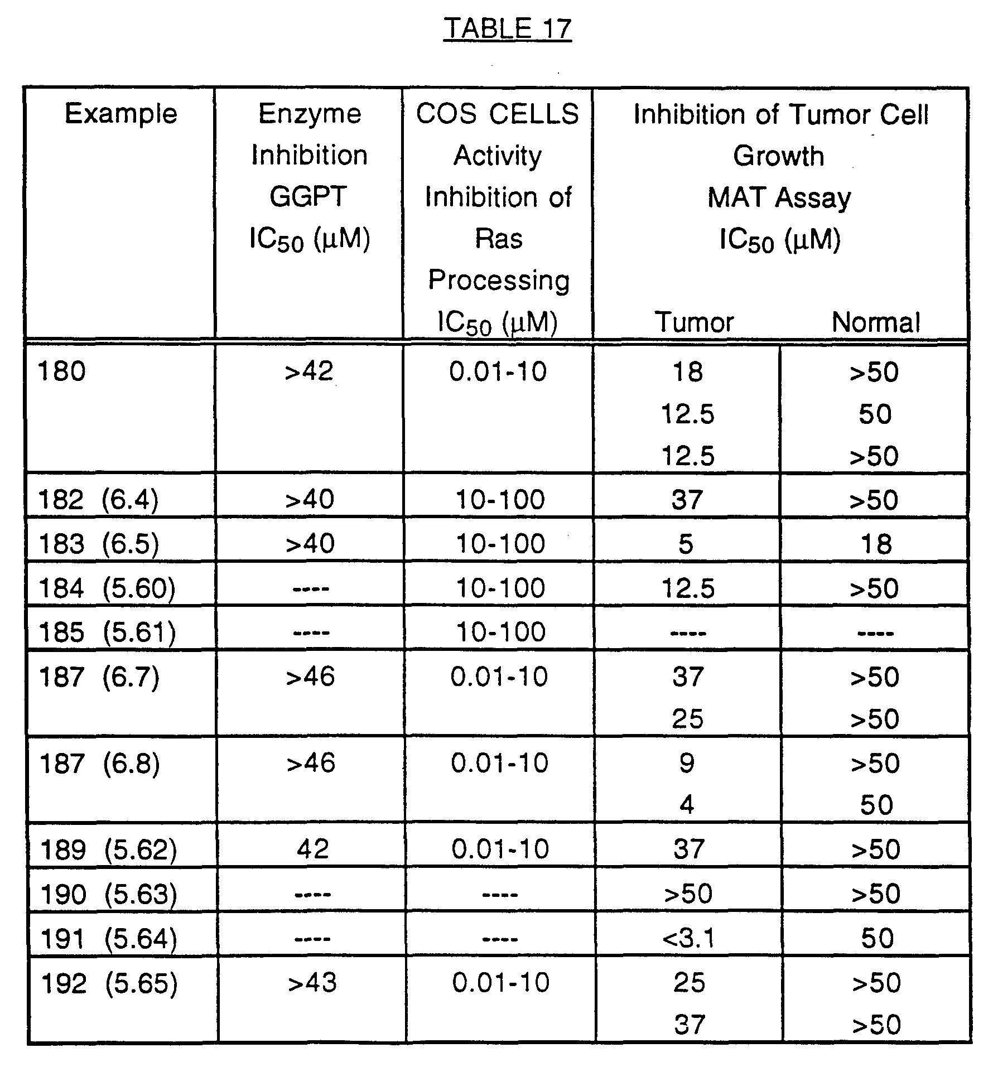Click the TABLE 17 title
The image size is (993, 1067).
tap(507, 28)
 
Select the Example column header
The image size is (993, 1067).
tap(121, 114)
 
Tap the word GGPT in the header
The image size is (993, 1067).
tap(308, 197)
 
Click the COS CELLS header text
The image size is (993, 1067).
tap(498, 114)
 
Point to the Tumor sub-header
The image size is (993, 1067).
tap(695, 322)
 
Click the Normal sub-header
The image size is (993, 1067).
tap(876, 322)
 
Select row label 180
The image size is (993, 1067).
tap(61, 371)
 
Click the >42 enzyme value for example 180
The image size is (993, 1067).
tap(309, 371)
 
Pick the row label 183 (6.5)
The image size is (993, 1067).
tap(99, 544)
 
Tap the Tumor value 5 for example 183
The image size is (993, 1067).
tap(686, 544)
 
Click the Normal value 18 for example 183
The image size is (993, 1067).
tap(876, 544)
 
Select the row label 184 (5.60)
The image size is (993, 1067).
tap(107, 588)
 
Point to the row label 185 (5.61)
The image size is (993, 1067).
tap(107, 633)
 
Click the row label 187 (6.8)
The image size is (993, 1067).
tap(99, 763)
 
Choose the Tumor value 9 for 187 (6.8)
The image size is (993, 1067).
tap(687, 763)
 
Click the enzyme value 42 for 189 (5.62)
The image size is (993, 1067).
tap(312, 849)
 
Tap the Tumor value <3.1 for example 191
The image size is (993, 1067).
tap(688, 939)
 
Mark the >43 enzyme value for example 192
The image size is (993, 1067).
tap(312, 983)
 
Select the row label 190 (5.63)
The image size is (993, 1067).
tap(109, 895)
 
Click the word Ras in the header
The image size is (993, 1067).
tap(499, 239)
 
